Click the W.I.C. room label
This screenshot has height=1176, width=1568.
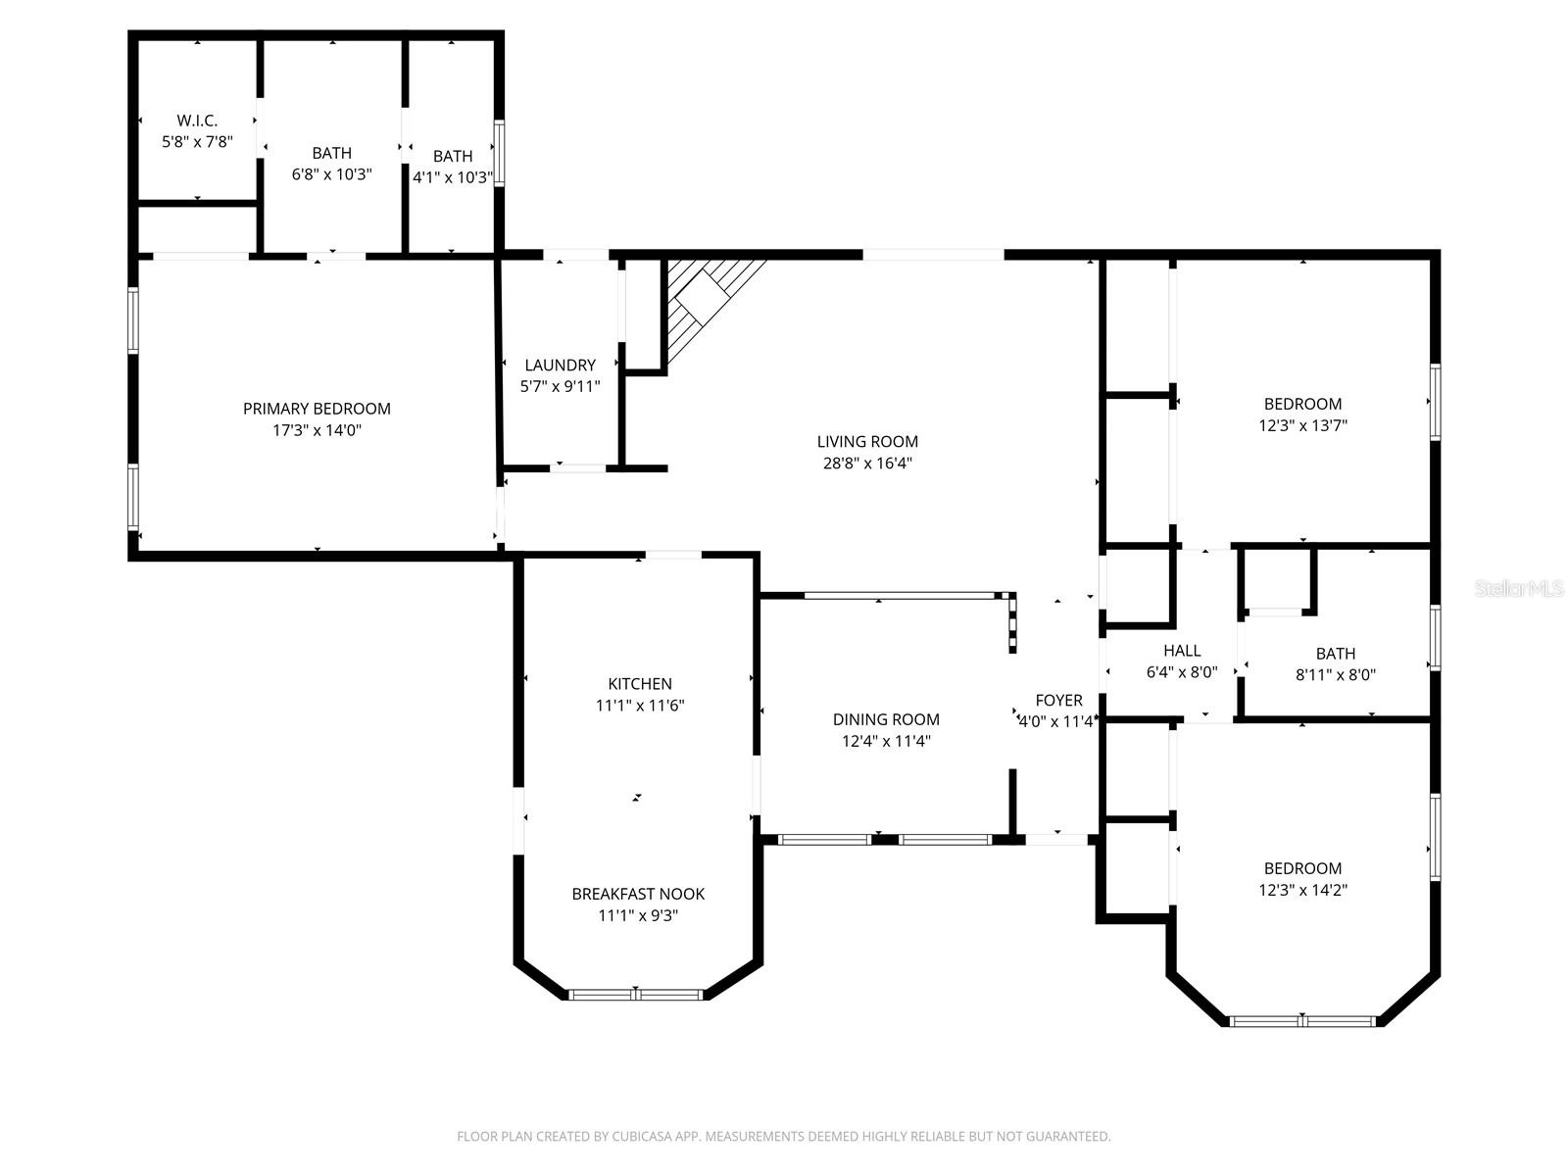point(197,121)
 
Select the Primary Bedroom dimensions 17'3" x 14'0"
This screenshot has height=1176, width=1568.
point(317,430)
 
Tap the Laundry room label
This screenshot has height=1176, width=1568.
point(560,365)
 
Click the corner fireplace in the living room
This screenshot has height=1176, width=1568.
point(708,302)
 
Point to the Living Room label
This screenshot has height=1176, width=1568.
point(867,442)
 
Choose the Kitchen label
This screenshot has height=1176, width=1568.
point(640,684)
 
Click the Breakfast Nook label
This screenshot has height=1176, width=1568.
point(638,894)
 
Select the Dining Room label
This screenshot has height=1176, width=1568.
point(886,719)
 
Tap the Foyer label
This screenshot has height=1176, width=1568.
point(1058,700)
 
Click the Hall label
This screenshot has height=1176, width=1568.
point(1182,651)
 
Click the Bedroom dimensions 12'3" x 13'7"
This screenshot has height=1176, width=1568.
point(1302,426)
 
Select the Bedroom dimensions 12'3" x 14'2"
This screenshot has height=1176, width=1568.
point(1302,891)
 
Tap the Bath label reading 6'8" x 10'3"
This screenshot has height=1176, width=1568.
point(332,153)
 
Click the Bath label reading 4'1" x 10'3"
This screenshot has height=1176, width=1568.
point(452,156)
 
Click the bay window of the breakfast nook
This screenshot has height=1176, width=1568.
point(636,995)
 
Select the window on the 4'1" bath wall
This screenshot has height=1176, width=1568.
point(499,153)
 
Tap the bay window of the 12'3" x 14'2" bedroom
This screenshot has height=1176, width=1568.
point(1302,1021)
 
